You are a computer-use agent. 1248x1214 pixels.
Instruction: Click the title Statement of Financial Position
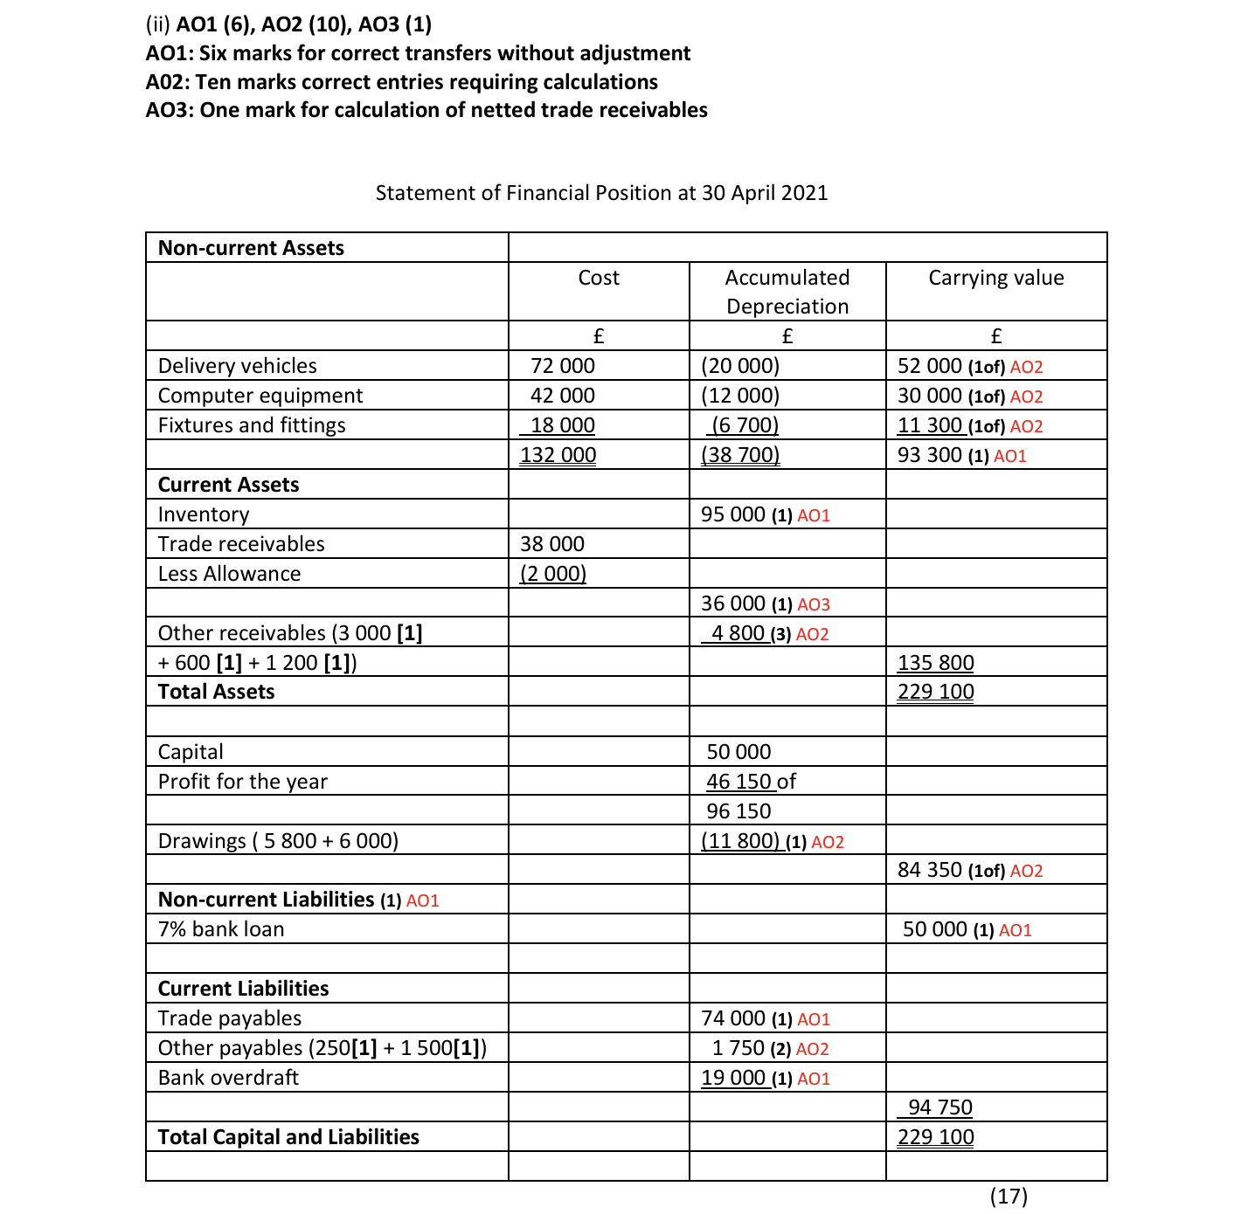coord(601,193)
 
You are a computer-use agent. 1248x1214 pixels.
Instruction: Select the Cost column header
coord(599,278)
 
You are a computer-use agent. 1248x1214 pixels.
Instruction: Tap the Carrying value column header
coord(995,278)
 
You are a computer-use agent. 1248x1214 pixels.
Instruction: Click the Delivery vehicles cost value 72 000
coord(562,366)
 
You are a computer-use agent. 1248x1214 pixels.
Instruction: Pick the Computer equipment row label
coord(260,396)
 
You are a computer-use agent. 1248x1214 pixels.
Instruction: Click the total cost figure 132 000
coord(558,455)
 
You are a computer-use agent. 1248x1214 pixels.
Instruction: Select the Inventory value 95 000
coord(732,514)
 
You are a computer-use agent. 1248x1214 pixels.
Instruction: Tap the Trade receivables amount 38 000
coord(551,544)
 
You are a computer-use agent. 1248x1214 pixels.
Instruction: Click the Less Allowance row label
coord(229,574)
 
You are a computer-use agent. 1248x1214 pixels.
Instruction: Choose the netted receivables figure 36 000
coord(732,604)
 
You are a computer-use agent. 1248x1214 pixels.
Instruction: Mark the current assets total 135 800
coord(935,663)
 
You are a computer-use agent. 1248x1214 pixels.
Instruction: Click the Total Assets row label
coord(216,692)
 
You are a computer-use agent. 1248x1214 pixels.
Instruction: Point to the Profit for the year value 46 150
coord(738,782)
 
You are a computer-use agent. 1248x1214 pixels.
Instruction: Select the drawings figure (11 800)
coord(740,841)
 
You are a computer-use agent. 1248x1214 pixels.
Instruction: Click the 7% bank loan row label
coord(221,929)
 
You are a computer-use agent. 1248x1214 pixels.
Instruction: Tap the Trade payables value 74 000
coord(732,1018)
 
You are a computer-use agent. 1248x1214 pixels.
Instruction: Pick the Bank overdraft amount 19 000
coord(732,1078)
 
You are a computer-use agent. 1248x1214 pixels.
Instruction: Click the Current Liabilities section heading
coord(243,989)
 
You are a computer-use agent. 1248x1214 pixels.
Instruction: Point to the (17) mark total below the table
coord(1009,1197)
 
